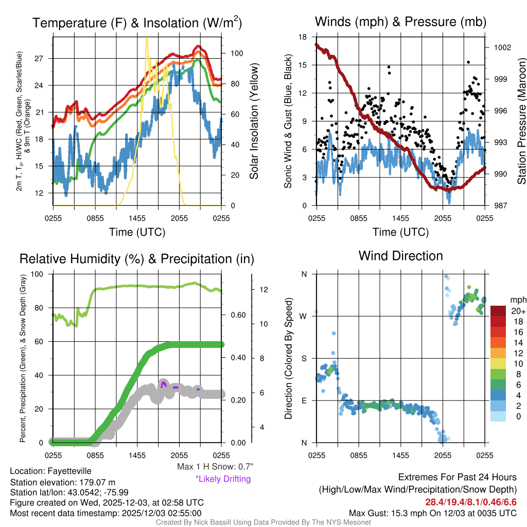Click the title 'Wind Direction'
coord(400,256)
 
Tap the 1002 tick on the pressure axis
coord(502,47)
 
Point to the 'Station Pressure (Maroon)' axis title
coord(521,121)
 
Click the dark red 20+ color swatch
coord(498,311)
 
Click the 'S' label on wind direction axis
coord(304,358)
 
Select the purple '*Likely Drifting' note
coord(223,479)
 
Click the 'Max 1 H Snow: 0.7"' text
coord(215,467)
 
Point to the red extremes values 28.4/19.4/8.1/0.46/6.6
coord(471,502)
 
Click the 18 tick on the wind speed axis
coord(303,37)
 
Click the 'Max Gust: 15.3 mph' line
coord(432,513)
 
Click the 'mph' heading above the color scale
coord(517,300)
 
